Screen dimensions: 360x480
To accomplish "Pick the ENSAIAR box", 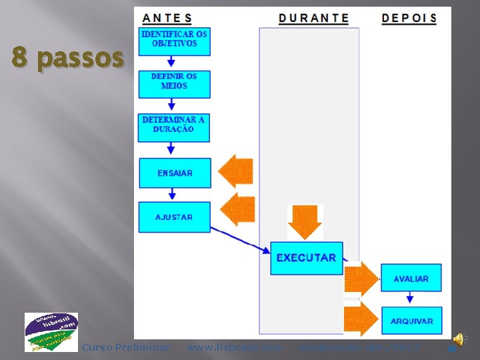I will click(175, 173).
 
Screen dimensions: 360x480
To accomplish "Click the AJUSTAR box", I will click(174, 217).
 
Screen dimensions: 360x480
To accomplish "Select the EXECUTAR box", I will click(306, 257).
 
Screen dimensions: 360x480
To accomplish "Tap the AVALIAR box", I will click(411, 278).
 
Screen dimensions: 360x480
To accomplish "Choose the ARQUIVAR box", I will click(411, 321).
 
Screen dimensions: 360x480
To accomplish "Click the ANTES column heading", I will click(167, 18).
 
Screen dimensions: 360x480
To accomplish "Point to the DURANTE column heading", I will click(313, 18).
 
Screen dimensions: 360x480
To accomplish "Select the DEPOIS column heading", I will click(409, 18).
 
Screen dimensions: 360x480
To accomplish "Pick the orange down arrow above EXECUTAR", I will click(305, 221).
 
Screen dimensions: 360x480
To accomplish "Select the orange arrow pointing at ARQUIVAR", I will click(361, 319).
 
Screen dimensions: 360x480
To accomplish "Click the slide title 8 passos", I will click(68, 59).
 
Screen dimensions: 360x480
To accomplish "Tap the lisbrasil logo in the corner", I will click(51, 331).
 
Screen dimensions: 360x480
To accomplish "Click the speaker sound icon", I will click(459, 340).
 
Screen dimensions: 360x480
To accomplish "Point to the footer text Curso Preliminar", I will click(125, 347).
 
